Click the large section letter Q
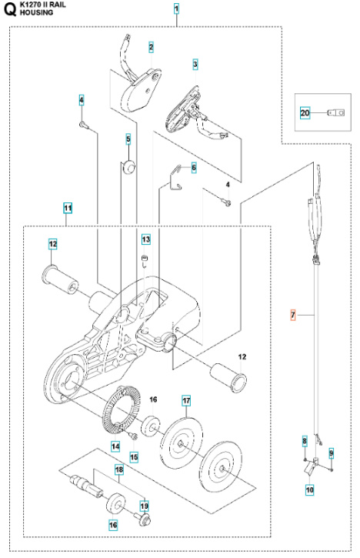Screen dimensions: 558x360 tap(9, 10)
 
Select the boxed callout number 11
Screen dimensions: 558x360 tap(68, 208)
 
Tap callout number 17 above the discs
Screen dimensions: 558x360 tap(186, 401)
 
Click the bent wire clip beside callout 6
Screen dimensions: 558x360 tap(176, 176)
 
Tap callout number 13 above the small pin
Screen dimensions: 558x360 tap(145, 239)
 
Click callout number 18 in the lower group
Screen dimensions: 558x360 tap(119, 469)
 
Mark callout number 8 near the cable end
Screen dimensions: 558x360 tap(304, 441)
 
